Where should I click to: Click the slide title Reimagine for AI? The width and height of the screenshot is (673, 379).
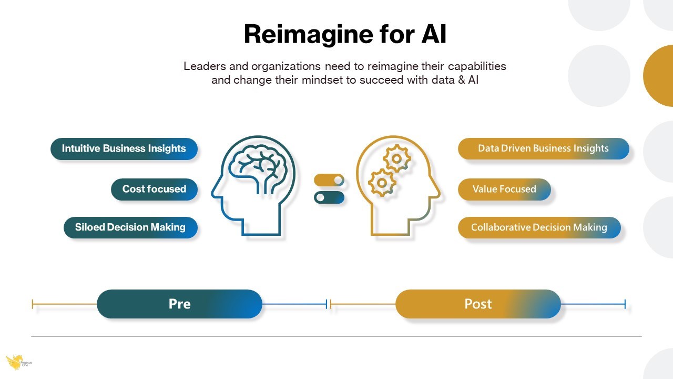pyautogui.click(x=345, y=35)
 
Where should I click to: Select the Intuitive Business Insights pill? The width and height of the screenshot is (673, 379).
pyautogui.click(x=124, y=149)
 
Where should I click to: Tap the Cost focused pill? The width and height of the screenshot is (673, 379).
pyautogui.click(x=155, y=189)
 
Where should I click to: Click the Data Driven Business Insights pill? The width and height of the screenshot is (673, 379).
pyautogui.click(x=544, y=148)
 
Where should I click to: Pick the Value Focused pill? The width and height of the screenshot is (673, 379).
pyautogui.click(x=504, y=189)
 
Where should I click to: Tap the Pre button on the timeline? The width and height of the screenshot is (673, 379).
pyautogui.click(x=180, y=304)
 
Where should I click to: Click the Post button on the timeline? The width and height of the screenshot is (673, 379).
pyautogui.click(x=478, y=304)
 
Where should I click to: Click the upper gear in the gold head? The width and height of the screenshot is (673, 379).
pyautogui.click(x=397, y=158)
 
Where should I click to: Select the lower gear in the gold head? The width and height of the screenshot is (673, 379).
pyautogui.click(x=382, y=183)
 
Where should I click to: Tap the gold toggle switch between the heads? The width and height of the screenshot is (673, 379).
pyautogui.click(x=329, y=180)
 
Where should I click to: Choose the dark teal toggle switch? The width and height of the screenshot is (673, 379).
pyautogui.click(x=329, y=197)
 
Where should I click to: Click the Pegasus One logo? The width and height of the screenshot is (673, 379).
pyautogui.click(x=18, y=362)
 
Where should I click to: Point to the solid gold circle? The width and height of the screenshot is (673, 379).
pyautogui.click(x=659, y=76)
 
